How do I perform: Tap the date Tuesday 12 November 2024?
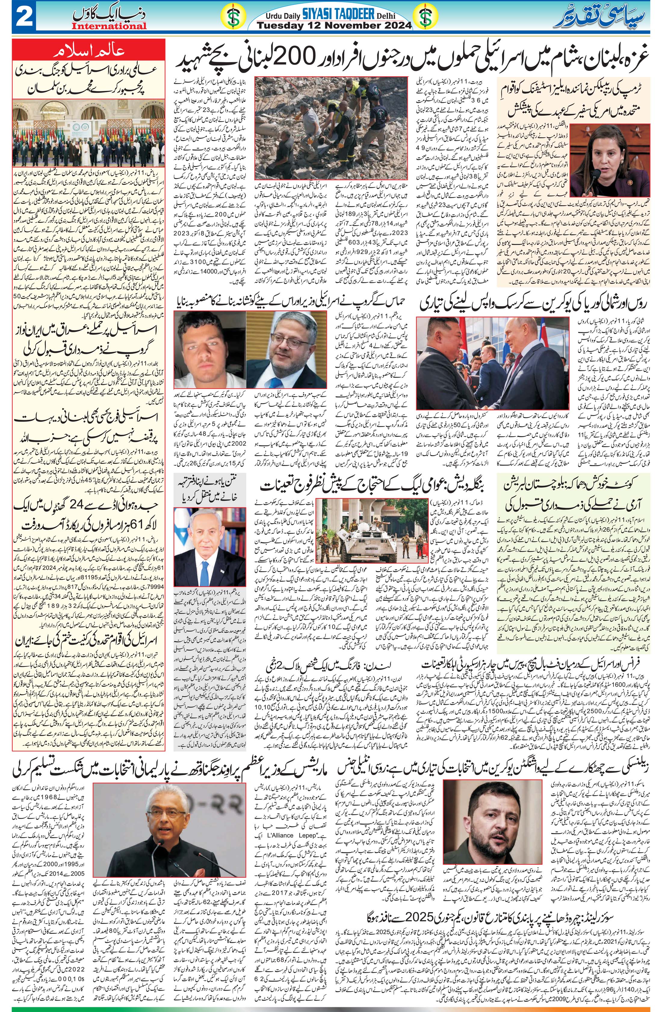click(x=335, y=26)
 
